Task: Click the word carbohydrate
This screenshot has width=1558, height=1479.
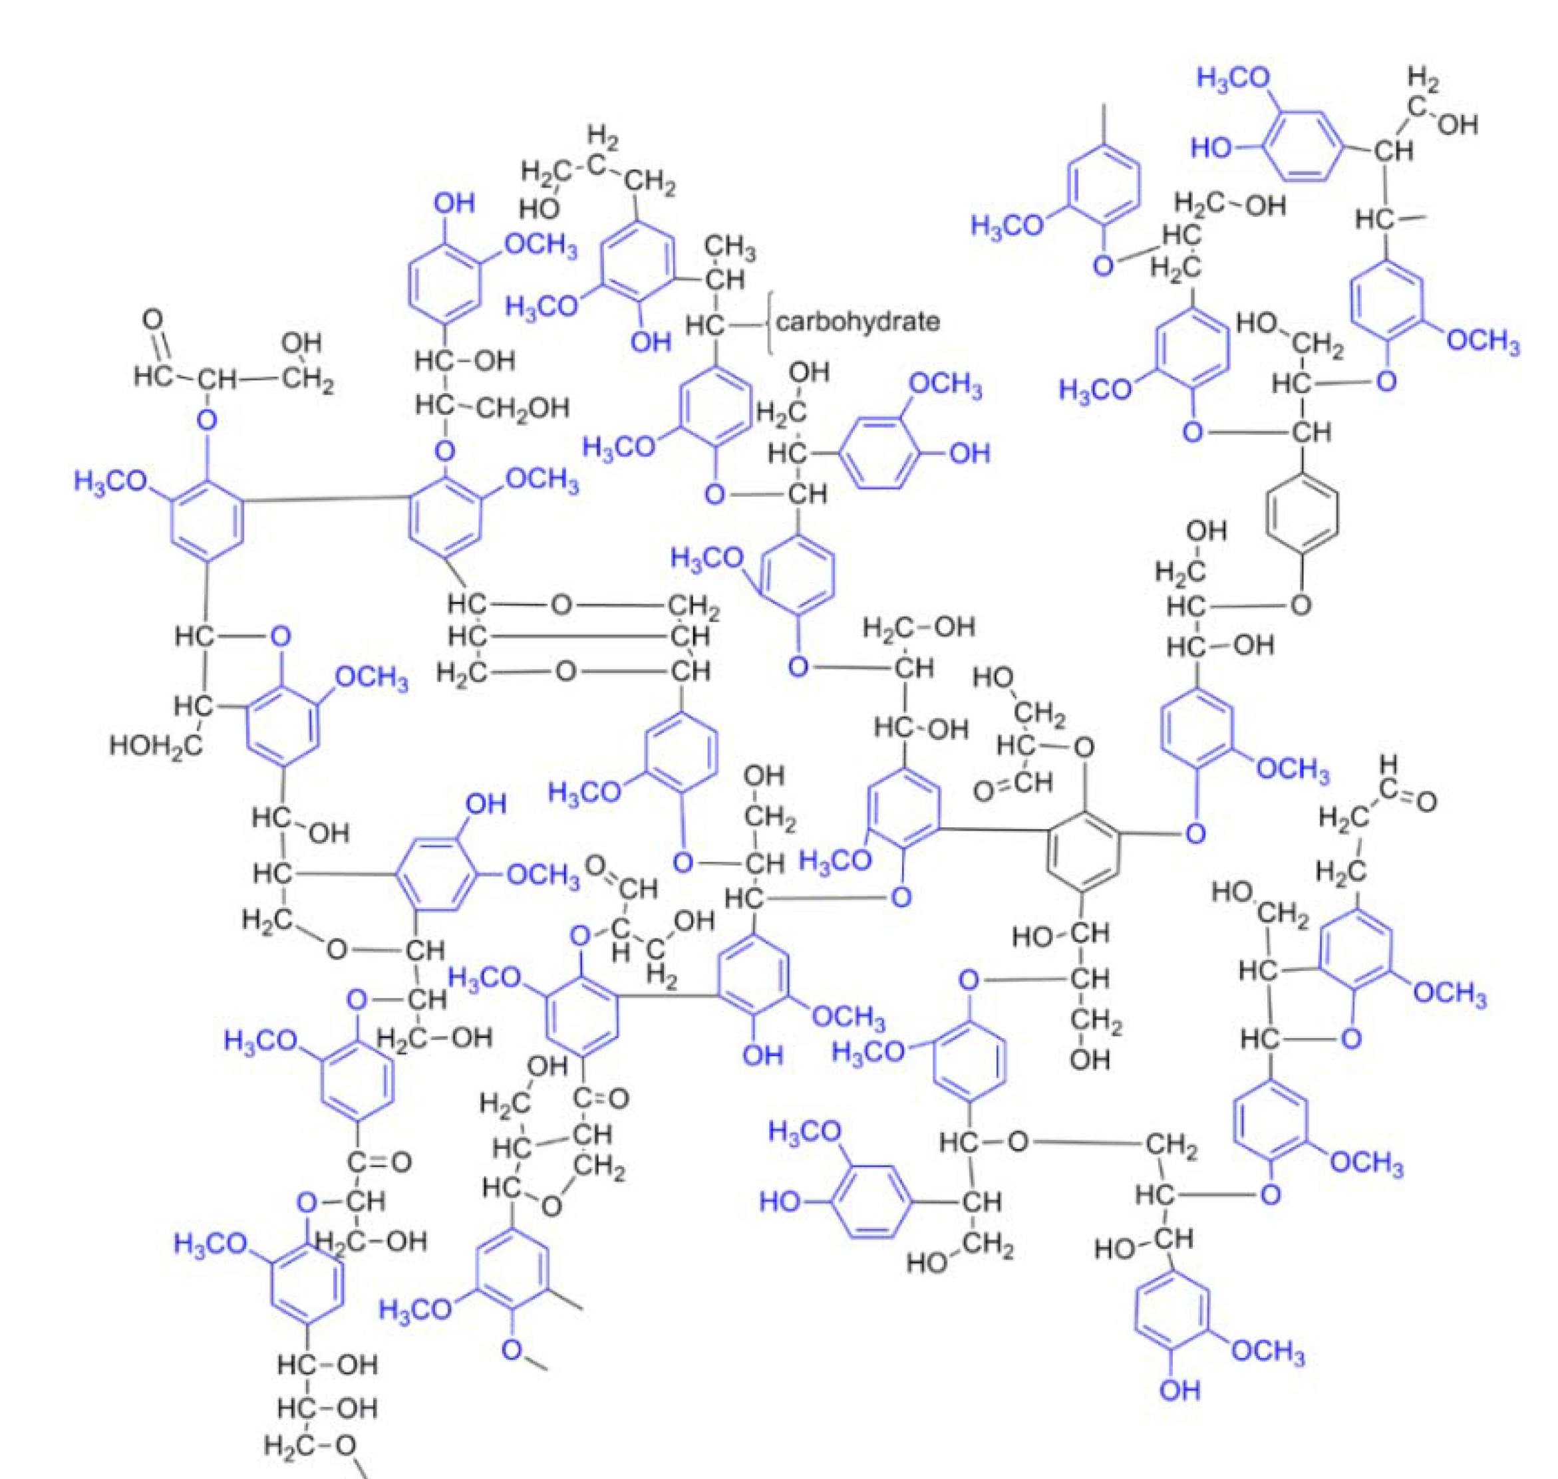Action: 858,322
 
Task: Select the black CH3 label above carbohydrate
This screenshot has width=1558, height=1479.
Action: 729,247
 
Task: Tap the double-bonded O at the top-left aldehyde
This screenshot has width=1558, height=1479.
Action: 153,319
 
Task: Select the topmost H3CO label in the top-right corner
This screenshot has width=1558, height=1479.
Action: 1234,78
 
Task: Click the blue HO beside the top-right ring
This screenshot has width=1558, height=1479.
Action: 1212,148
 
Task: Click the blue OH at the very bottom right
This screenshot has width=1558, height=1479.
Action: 1180,1412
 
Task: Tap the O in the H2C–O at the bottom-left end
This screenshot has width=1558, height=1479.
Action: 345,1445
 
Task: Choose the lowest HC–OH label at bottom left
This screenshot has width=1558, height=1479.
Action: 328,1407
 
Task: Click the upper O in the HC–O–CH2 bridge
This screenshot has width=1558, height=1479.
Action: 561,605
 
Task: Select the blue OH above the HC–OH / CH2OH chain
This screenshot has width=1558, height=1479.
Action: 454,203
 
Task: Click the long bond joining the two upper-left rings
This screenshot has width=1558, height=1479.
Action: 325,498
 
